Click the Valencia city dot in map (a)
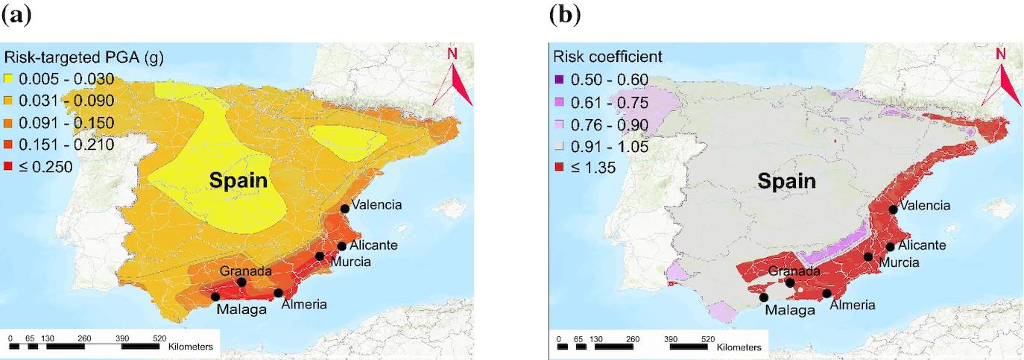(x=344, y=209)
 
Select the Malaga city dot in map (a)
(x=215, y=296)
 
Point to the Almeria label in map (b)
(x=852, y=304)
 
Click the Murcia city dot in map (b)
(x=868, y=256)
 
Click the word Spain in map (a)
(x=238, y=180)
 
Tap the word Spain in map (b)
(x=786, y=180)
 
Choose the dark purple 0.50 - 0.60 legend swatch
(x=558, y=80)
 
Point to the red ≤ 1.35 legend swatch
(x=558, y=168)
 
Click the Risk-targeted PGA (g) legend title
(x=84, y=57)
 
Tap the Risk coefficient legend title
(x=607, y=57)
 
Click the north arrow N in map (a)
(x=452, y=54)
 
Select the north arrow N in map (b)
(x=1001, y=54)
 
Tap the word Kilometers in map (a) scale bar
(x=191, y=347)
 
